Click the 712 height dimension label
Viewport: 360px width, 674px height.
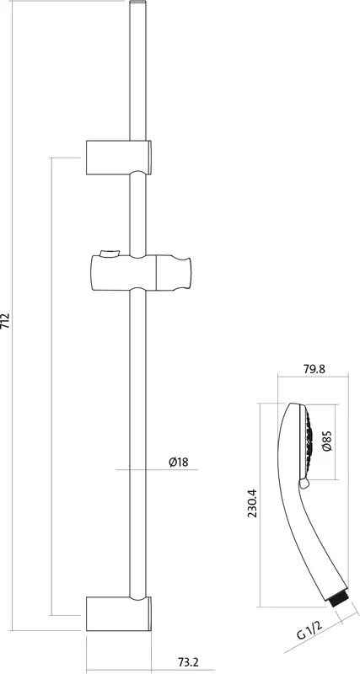[5, 321]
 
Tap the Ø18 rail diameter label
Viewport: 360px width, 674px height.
[178, 462]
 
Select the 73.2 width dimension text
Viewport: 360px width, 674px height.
[188, 661]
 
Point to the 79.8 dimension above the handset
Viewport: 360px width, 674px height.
[314, 369]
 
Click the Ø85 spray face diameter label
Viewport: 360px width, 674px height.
[328, 441]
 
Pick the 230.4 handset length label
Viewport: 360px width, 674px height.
[252, 503]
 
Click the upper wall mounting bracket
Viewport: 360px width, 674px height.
[118, 158]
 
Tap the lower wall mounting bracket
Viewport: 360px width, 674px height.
[118, 613]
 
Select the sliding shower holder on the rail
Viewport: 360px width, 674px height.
[141, 273]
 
